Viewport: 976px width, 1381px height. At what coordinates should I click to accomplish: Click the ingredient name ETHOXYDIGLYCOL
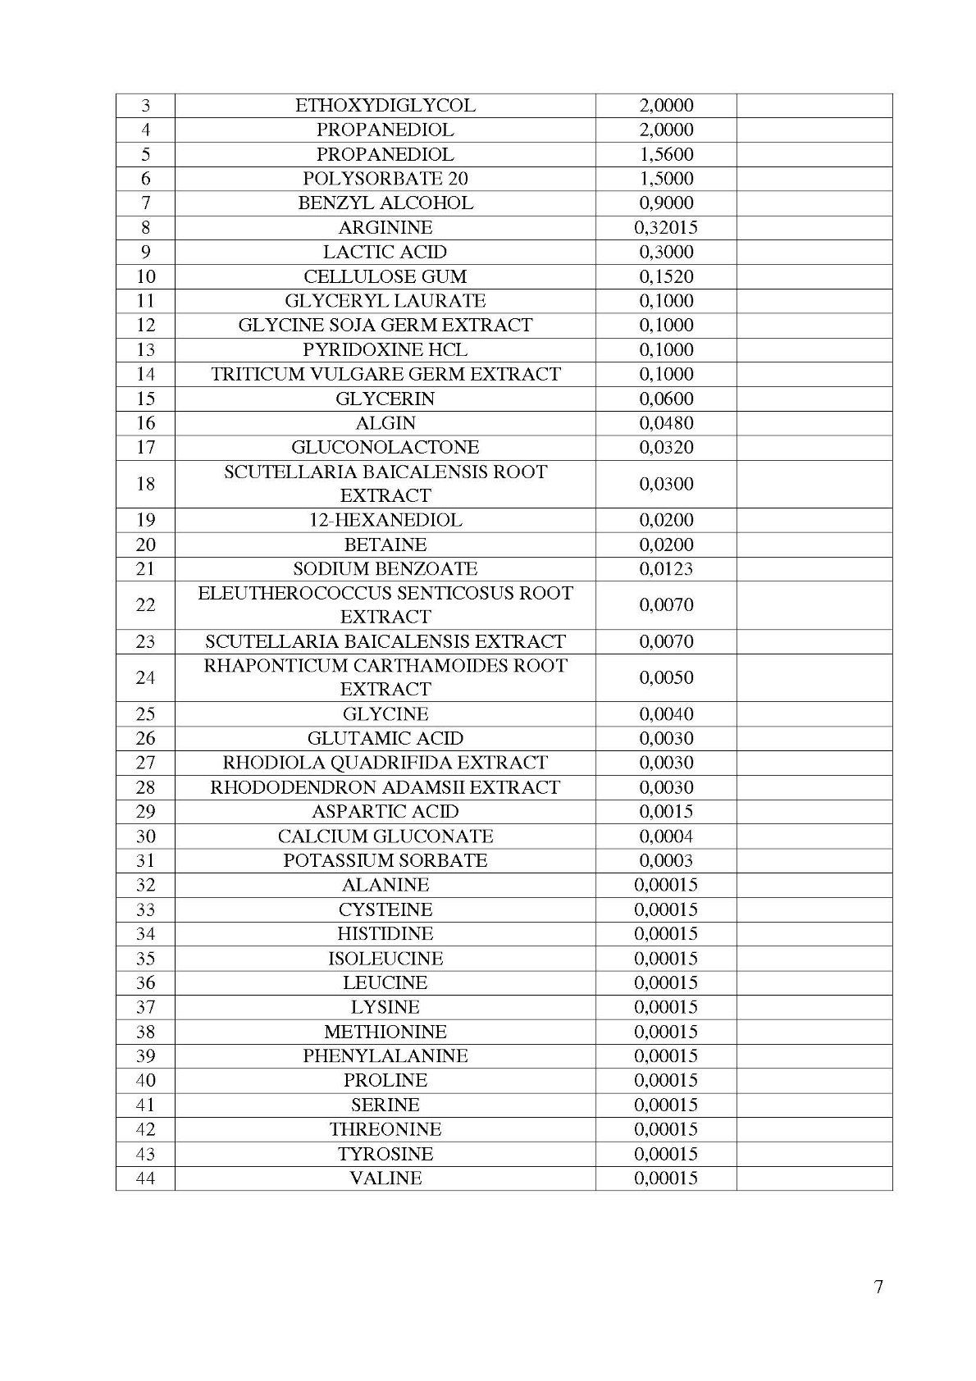[x=385, y=106]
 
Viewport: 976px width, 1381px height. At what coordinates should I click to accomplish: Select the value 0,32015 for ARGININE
[x=665, y=228]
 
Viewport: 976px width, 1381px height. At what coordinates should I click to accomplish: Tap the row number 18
[x=145, y=484]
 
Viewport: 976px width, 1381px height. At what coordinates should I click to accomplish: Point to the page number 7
[x=878, y=1287]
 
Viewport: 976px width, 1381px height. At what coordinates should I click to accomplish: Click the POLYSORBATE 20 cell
[x=385, y=179]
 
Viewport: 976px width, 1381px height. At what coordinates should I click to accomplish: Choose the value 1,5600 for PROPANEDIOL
[x=665, y=154]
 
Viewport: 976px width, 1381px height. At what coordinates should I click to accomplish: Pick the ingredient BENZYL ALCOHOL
[x=385, y=203]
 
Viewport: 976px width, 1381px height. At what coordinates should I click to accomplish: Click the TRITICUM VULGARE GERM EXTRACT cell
[x=385, y=374]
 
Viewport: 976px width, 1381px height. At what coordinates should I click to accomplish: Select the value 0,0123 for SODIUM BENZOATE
[x=665, y=569]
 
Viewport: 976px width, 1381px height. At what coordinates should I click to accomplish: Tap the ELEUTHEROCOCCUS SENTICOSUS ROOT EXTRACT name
[x=385, y=605]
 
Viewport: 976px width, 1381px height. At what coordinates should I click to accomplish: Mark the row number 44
[x=145, y=1178]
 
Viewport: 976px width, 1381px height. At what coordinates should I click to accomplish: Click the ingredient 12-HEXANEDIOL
[x=385, y=520]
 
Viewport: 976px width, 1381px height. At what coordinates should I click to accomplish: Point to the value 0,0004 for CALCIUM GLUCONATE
[x=665, y=836]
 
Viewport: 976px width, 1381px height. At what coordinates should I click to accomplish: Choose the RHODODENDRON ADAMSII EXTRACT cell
[x=385, y=787]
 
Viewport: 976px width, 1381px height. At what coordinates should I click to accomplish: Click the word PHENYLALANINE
[x=385, y=1056]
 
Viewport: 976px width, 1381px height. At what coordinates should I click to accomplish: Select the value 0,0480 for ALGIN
[x=665, y=423]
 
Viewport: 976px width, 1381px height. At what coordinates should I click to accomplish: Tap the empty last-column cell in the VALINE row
[x=814, y=1178]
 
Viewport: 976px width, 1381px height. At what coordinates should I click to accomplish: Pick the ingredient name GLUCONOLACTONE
[x=385, y=448]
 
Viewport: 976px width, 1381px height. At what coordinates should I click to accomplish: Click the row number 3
[x=145, y=106]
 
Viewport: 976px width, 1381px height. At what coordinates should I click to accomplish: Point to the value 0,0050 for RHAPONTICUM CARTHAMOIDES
[x=665, y=678]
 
